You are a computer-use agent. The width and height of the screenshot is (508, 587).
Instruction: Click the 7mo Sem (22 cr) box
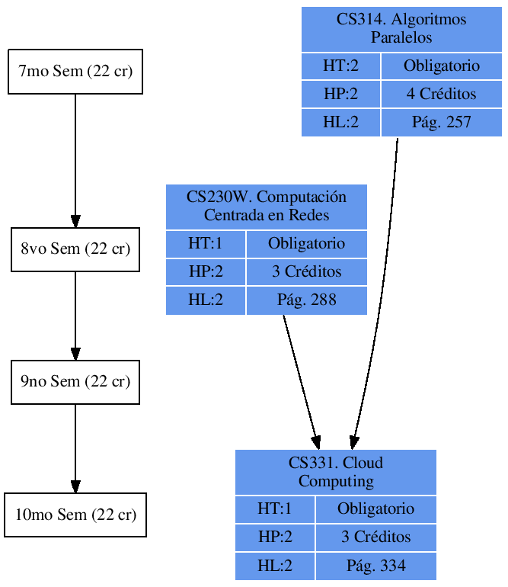click(75, 72)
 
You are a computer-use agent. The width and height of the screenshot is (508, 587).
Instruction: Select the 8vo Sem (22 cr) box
click(75, 249)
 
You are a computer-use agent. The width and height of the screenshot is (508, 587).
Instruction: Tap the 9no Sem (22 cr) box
click(75, 381)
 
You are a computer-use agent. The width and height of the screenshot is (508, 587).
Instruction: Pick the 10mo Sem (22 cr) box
click(75, 515)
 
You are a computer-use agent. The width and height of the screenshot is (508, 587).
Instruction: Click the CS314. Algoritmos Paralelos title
click(401, 28)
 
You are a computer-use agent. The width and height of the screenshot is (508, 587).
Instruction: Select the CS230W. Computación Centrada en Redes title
click(267, 206)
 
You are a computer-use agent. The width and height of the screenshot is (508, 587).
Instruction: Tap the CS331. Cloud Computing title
click(335, 472)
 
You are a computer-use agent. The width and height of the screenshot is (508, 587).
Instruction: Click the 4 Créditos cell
click(442, 95)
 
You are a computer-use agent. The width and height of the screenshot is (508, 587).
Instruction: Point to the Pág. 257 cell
click(442, 122)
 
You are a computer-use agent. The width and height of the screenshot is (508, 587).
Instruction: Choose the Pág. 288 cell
click(306, 300)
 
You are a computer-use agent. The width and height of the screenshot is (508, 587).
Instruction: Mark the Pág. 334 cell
click(375, 566)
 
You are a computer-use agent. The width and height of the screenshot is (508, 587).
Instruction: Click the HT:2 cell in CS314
click(340, 66)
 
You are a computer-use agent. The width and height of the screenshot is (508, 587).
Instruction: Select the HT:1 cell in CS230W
click(206, 244)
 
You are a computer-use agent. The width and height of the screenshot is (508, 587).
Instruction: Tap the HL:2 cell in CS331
click(275, 566)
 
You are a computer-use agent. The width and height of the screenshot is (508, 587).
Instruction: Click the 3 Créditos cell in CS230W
click(306, 272)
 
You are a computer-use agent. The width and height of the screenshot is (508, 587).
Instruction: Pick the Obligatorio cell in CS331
click(375, 508)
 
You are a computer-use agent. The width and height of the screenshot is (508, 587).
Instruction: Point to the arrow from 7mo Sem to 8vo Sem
click(75, 160)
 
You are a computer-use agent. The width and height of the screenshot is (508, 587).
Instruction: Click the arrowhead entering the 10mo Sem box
click(75, 486)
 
